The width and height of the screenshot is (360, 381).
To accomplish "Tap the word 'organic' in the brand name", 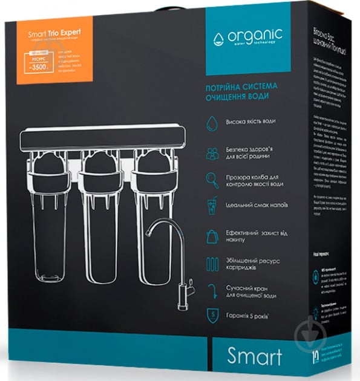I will click(252, 37).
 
